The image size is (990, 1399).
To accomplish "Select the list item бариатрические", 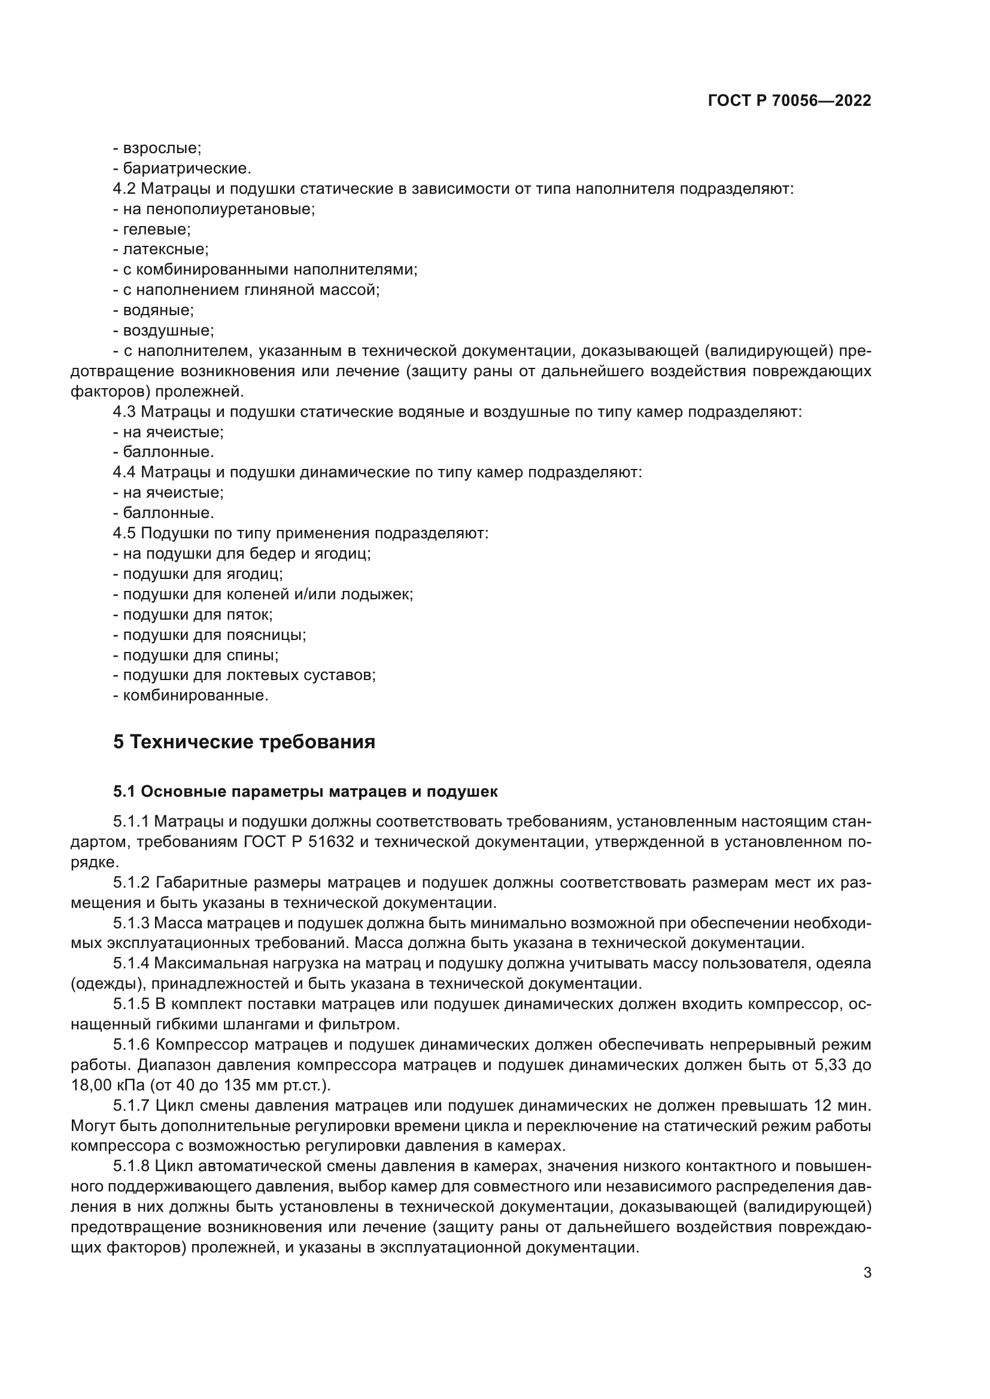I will (187, 169).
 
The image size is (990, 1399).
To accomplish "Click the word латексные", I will (165, 249).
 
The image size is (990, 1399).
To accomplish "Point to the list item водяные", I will (158, 310).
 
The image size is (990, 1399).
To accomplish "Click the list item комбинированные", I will (195, 695).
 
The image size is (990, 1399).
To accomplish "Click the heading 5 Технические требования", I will (244, 742).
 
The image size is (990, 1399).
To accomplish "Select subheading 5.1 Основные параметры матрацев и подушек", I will (305, 791).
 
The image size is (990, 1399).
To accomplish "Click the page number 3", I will (867, 1273).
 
